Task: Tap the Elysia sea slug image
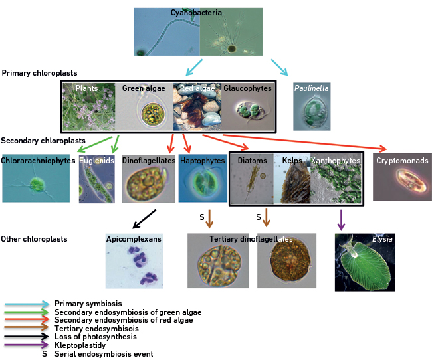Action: coord(365,262)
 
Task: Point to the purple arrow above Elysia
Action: coord(341,219)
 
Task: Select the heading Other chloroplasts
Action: coord(35,238)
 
